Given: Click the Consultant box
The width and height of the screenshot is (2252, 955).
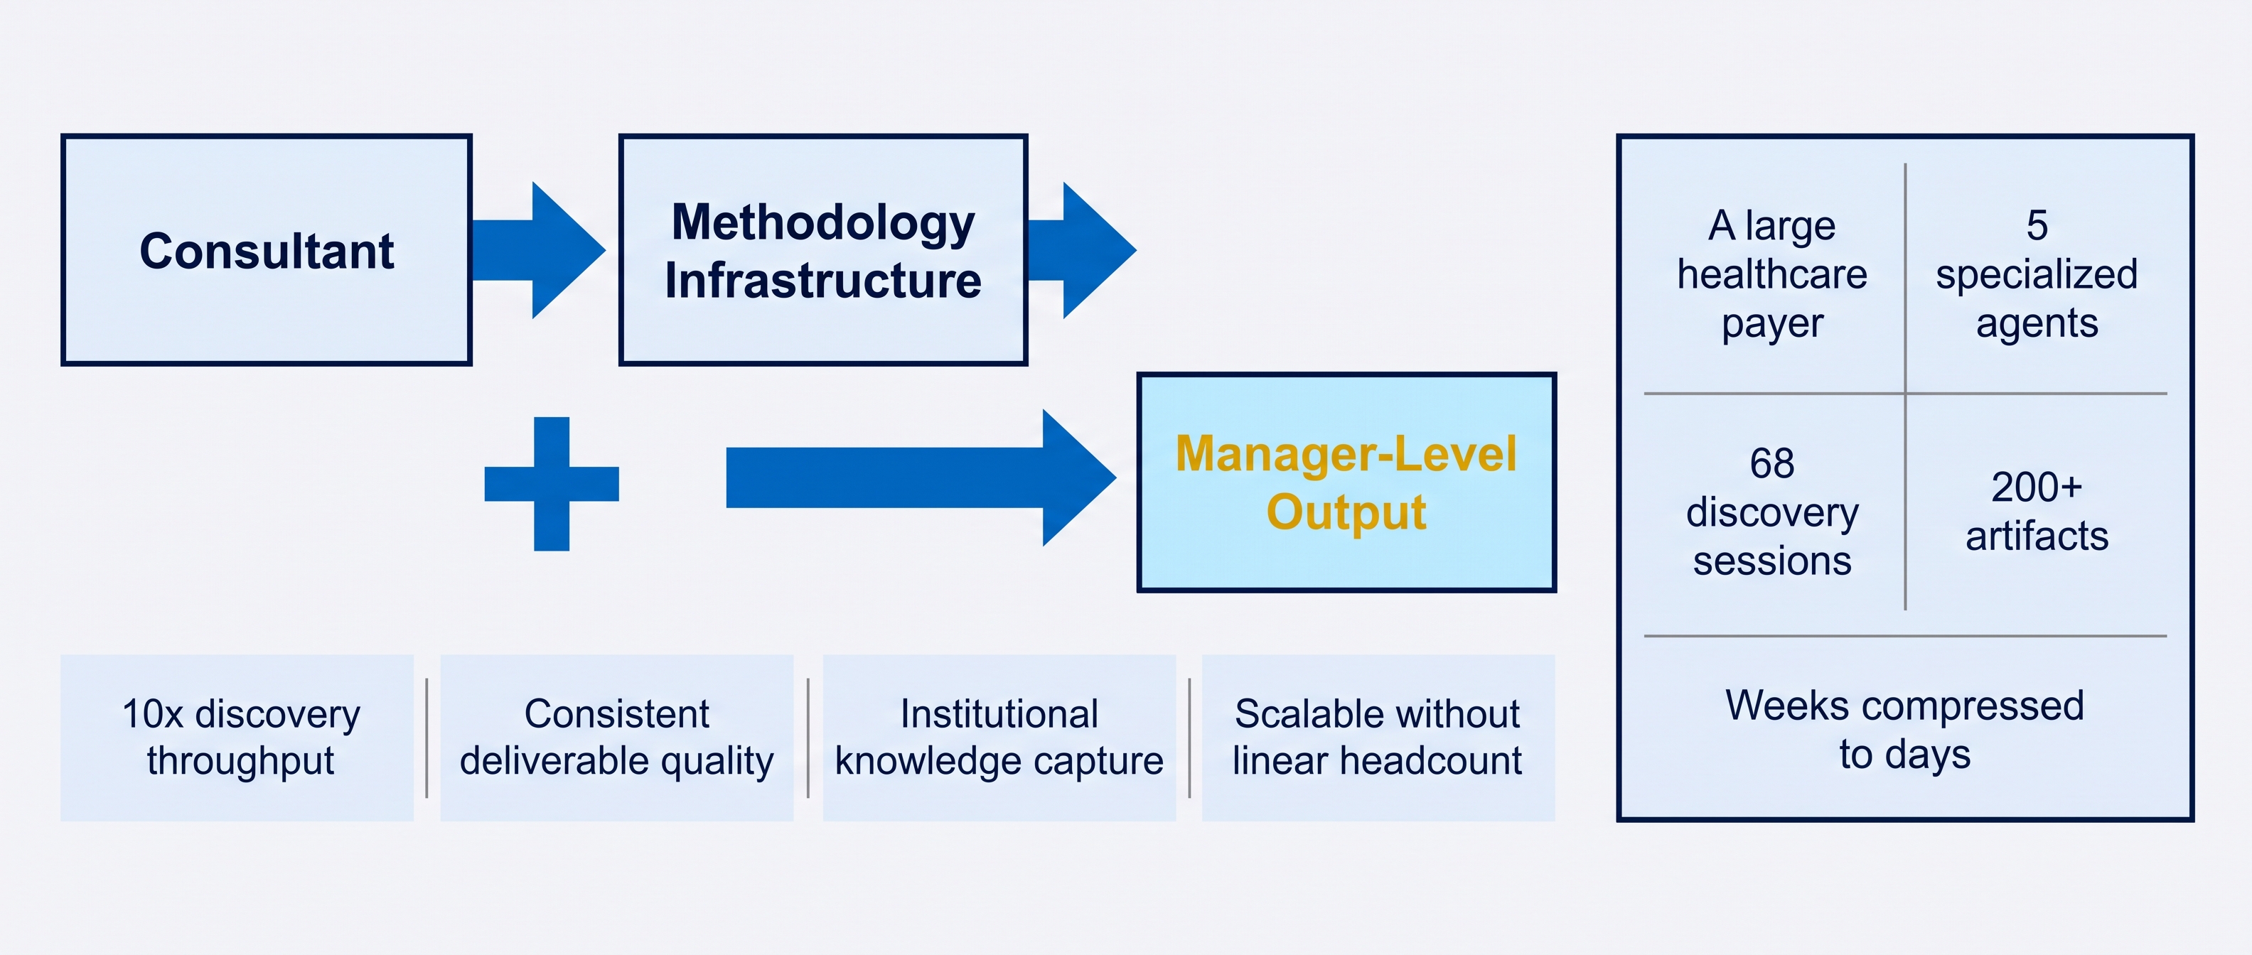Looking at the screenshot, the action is click(x=267, y=250).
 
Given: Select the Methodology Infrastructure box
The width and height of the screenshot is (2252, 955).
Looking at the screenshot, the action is click(x=822, y=250).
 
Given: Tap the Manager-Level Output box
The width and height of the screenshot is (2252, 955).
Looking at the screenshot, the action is click(x=1346, y=482).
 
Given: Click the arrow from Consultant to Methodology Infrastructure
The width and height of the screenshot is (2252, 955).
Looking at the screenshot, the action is click(x=537, y=250).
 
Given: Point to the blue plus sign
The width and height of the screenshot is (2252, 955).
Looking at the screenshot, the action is click(x=552, y=483).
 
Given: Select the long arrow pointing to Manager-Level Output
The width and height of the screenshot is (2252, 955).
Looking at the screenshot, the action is click(x=921, y=478).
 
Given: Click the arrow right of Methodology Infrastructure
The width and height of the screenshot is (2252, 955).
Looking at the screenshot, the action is click(x=1081, y=250).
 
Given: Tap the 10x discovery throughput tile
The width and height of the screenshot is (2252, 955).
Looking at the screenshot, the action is click(x=237, y=738).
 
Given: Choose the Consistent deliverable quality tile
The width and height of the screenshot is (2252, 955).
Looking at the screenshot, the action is click(x=616, y=738).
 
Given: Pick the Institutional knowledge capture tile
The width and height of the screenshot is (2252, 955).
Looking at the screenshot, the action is click(x=999, y=738).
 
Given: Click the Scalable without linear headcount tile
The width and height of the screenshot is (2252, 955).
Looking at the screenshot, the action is click(x=1378, y=738).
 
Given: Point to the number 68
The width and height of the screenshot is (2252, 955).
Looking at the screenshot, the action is click(x=1772, y=463).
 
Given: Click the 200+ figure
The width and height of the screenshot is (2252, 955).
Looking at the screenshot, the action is click(x=2037, y=487).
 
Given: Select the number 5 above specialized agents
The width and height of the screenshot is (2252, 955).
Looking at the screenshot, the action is click(x=2037, y=225).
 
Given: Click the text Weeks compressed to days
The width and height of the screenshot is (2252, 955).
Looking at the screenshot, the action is click(x=1905, y=730).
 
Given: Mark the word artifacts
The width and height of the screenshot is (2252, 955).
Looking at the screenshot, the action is click(x=2037, y=536).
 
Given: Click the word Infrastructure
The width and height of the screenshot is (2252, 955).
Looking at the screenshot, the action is click(x=822, y=281).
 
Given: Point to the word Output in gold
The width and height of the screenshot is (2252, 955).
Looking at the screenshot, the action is click(x=1346, y=512).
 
